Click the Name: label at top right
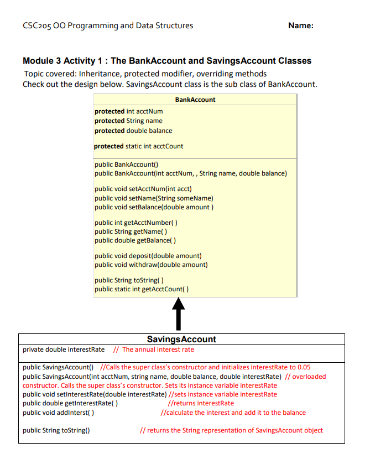point(300,25)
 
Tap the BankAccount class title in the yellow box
point(195,100)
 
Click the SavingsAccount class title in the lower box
point(181,339)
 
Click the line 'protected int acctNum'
point(128,111)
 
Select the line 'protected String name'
point(128,121)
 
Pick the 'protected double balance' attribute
point(133,131)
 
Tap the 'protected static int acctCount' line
point(138,146)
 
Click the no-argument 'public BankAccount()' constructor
point(127,164)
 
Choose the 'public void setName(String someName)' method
point(154,198)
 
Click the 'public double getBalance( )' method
point(135,240)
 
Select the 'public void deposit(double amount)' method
point(148,256)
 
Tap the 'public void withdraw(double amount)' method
point(151,265)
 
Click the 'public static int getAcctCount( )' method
point(142,289)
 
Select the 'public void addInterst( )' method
point(58,413)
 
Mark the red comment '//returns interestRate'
point(200,403)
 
